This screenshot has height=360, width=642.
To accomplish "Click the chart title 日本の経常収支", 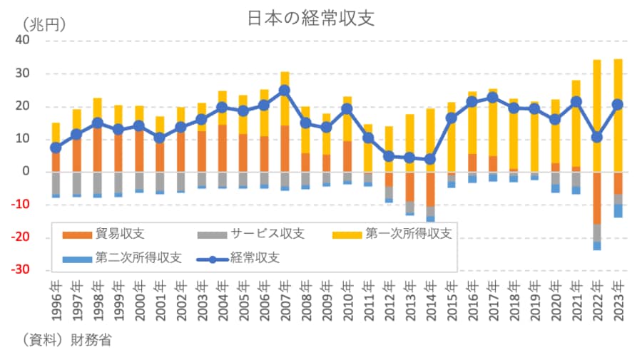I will pos(311,19).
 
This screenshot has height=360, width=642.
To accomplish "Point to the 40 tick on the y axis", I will pos(22,41).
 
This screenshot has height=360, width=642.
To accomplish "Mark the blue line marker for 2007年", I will pos(285,91).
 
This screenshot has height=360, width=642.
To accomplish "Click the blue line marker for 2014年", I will pos(430,160).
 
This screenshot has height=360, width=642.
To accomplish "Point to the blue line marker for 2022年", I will pos(597,137).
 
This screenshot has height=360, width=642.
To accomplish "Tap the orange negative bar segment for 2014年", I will pos(430,189).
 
